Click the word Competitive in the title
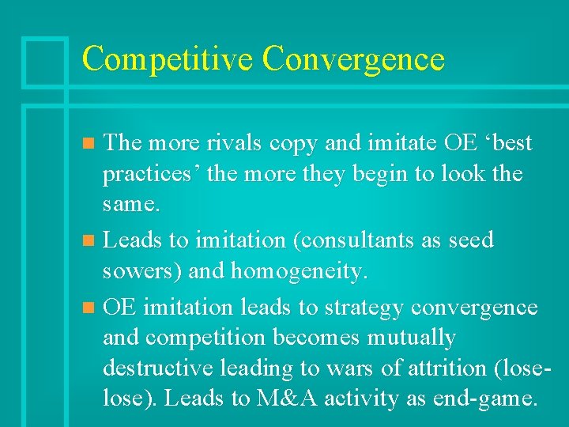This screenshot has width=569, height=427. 168,59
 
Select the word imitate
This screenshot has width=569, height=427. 409,143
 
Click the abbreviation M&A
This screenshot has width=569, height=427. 287,399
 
